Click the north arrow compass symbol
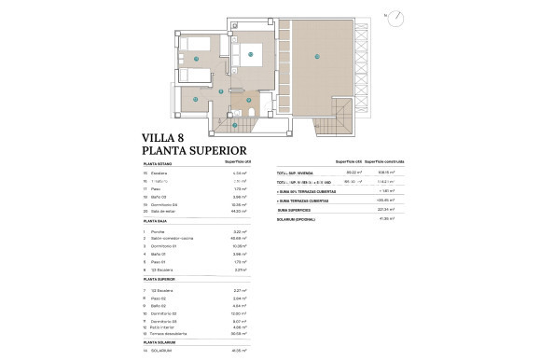398,17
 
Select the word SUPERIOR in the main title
215,150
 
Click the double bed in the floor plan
253,54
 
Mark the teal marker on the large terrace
317,58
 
